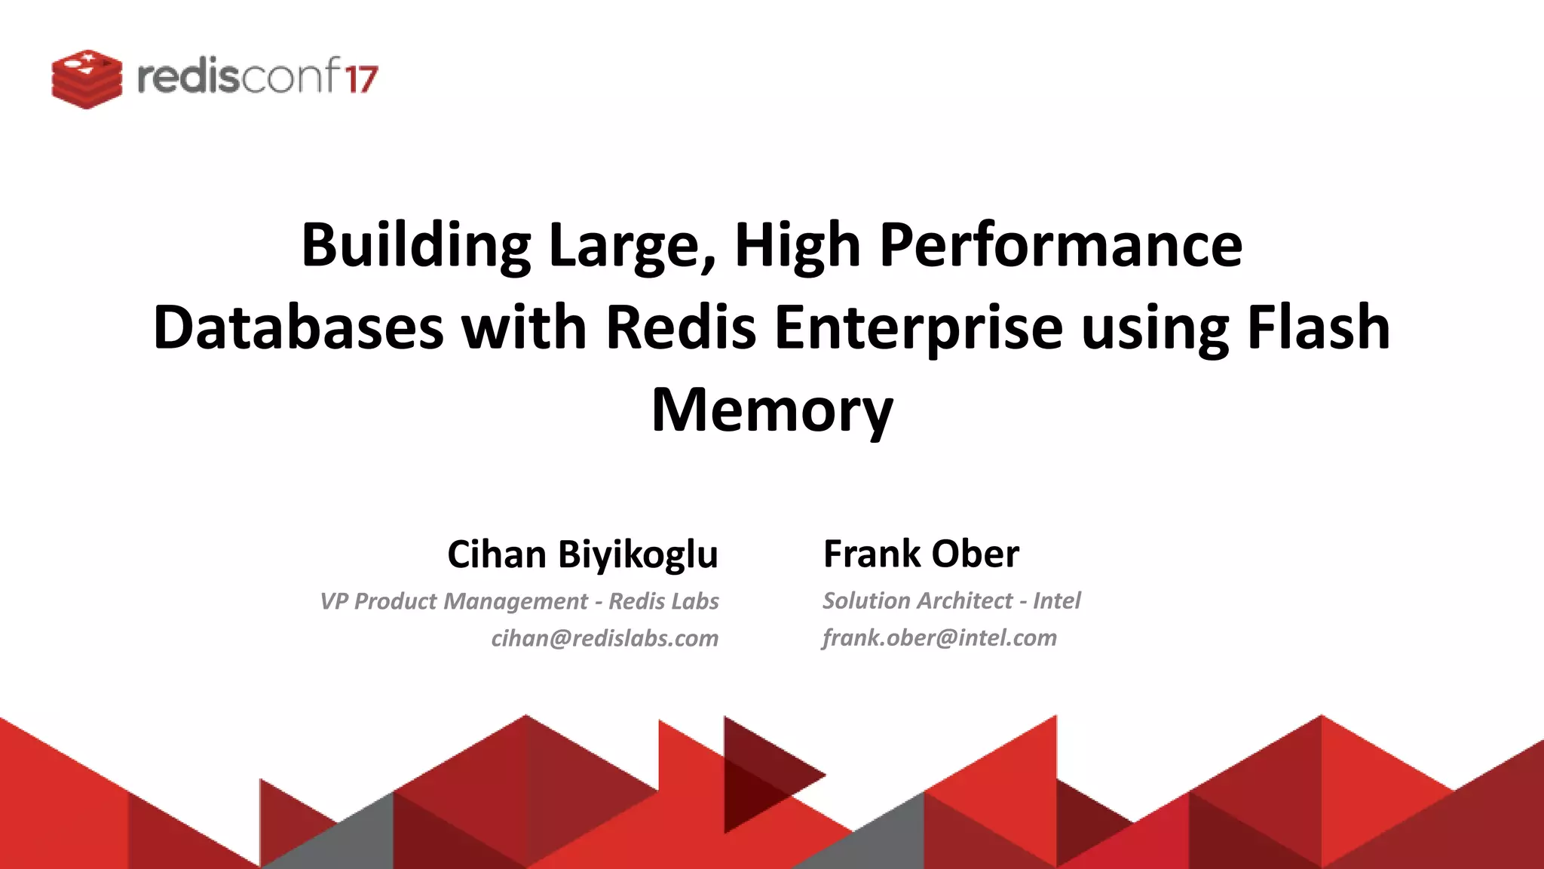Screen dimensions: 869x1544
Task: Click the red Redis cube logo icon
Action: tap(87, 78)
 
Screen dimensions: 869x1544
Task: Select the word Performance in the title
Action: tap(1061, 245)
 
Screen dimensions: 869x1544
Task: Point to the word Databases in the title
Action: tap(299, 327)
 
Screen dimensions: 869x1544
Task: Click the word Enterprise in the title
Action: tap(918, 329)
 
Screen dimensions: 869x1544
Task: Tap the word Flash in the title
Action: tap(1318, 327)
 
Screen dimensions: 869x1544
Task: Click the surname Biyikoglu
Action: tap(638, 554)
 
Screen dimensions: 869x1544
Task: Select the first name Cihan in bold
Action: tap(497, 554)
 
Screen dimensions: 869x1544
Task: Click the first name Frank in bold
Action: tap(872, 554)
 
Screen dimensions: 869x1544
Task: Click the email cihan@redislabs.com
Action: tap(605, 638)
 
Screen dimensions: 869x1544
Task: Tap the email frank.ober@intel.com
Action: tap(939, 637)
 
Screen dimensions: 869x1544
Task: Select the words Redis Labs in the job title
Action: tap(663, 601)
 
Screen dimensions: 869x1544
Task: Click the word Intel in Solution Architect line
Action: tap(1057, 600)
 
